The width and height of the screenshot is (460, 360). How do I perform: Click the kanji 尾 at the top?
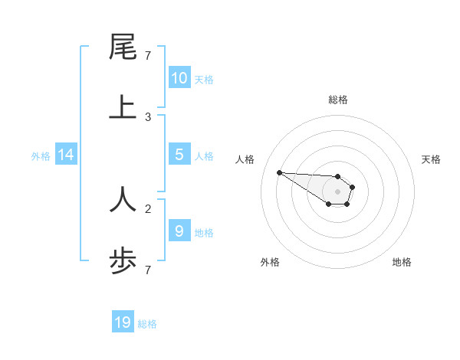pos(123,47)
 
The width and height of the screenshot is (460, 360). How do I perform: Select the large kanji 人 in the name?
pos(123,198)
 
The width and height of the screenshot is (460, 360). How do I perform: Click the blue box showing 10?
pos(179,78)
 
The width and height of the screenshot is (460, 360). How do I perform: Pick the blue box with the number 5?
pos(179,155)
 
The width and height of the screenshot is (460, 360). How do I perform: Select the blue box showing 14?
pos(66,155)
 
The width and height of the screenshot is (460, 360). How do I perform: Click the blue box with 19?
pos(123,322)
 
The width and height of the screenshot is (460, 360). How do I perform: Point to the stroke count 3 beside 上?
pos(148,117)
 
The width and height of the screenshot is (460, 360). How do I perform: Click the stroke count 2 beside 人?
pos(148,208)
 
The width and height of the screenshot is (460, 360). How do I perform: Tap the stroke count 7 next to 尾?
pos(148,56)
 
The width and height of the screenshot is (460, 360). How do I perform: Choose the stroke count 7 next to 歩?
pos(148,270)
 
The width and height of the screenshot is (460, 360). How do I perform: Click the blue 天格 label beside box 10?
pos(204,79)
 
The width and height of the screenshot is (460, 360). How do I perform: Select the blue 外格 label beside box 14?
pos(41,155)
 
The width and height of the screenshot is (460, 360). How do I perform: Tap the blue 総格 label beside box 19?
pos(147,324)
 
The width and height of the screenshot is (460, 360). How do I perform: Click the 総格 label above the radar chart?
pos(337,100)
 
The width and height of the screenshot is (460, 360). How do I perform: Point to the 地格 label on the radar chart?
pos(402,262)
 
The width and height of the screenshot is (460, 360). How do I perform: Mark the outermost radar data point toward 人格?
pos(279,172)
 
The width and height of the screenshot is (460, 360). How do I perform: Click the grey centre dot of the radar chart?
pos(337,191)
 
